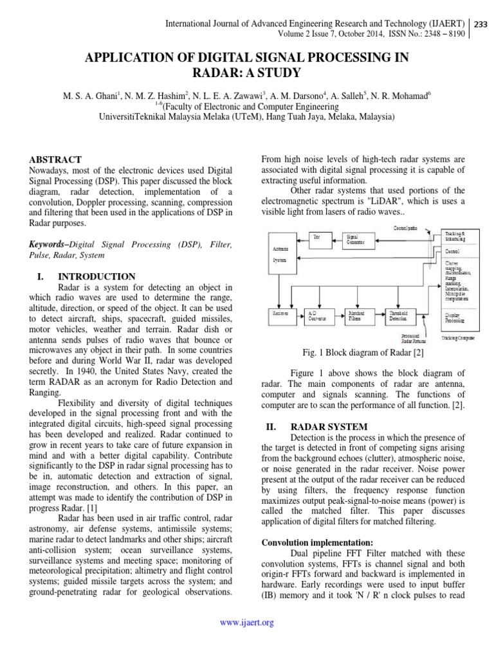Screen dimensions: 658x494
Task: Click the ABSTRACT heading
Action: pyautogui.click(x=57, y=159)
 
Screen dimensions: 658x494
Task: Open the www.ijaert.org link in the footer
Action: pyautogui.click(x=247, y=623)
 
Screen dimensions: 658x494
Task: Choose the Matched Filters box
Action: pyautogui.click(x=357, y=315)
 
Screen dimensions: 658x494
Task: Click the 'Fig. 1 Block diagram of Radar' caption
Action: pyautogui.click(x=358, y=352)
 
